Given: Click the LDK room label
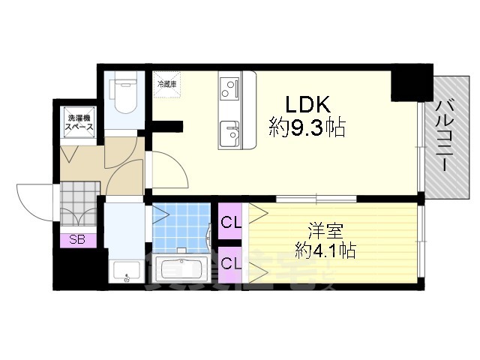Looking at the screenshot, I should click(306, 104).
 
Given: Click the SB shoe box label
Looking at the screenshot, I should click(77, 240).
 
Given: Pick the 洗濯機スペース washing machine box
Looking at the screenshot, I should click(77, 124).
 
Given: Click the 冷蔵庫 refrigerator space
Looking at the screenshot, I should click(166, 85).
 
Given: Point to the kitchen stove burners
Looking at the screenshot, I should click(228, 88).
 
